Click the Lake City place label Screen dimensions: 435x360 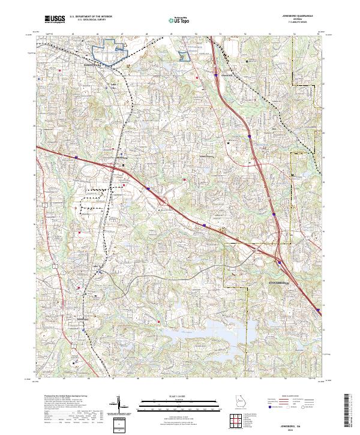[x=113, y=85]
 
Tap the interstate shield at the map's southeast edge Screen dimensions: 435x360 [x=316, y=310]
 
